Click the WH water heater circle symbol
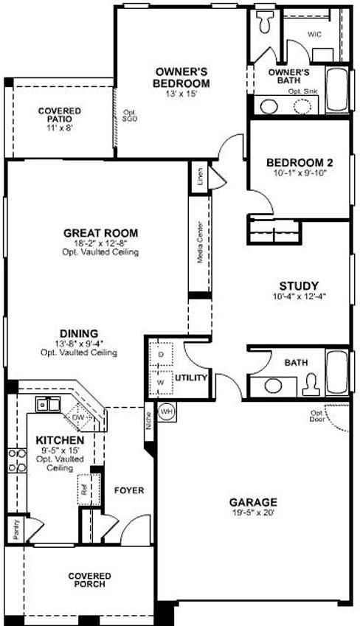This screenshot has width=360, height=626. click(167, 411)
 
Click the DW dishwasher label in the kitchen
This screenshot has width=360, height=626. click(79, 417)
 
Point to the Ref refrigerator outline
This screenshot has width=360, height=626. click(83, 487)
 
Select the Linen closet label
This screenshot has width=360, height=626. click(198, 178)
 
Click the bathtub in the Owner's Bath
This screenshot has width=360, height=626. click(337, 92)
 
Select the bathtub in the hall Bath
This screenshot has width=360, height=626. click(337, 373)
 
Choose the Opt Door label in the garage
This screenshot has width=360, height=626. click(317, 417)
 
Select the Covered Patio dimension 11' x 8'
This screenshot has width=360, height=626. click(60, 128)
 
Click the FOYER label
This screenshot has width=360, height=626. click(128, 490)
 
